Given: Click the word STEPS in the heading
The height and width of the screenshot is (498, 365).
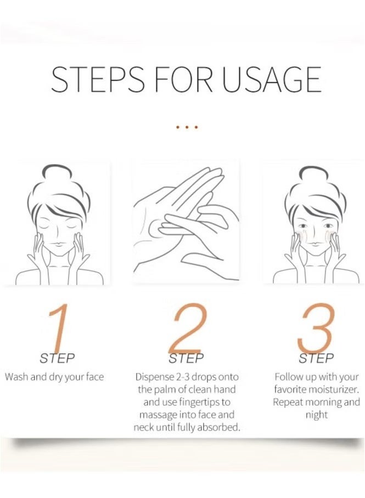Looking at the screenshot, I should (98, 80).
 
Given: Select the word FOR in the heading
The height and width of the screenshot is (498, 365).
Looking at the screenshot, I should (183, 80).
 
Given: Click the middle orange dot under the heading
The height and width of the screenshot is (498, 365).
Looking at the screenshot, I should (187, 127).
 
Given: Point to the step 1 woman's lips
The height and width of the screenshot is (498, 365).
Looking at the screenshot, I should (58, 247).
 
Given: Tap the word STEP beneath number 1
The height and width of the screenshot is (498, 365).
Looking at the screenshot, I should (57, 359).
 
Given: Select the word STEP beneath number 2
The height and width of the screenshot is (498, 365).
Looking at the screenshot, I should (187, 359).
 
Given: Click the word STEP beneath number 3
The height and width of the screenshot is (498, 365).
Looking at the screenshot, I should (316, 359).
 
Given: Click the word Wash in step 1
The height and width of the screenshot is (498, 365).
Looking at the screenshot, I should (16, 377).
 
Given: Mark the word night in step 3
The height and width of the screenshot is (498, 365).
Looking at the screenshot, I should (316, 415).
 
